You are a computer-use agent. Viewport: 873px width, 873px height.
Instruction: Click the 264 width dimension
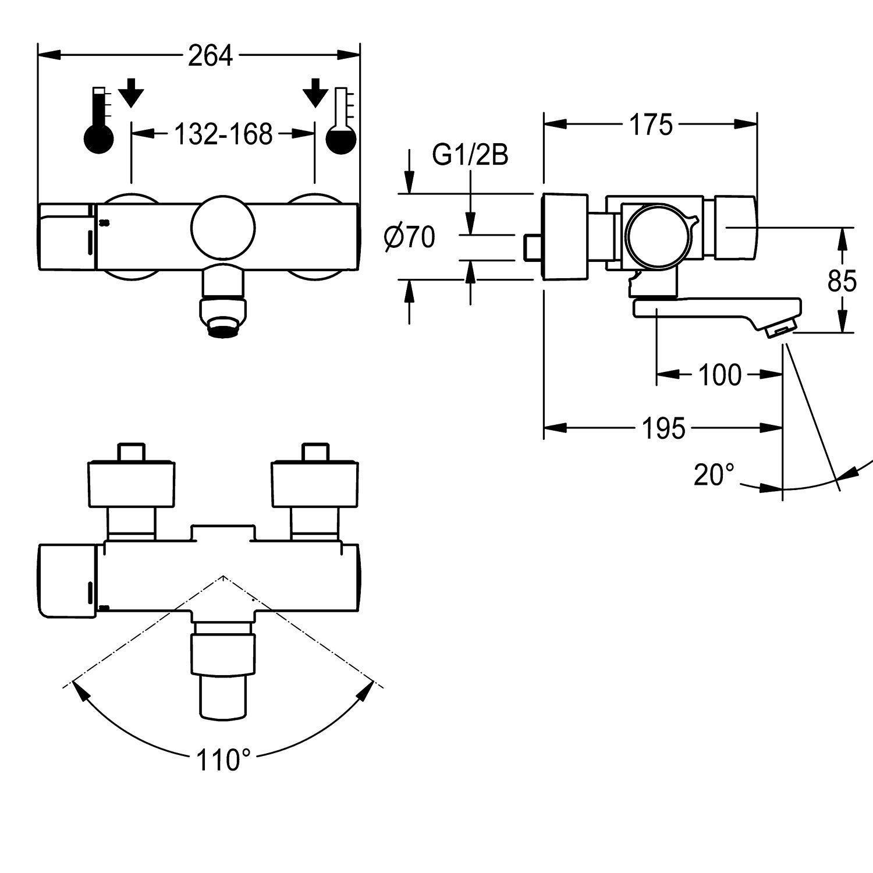211,56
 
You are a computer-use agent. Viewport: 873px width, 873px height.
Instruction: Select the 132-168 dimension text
223,134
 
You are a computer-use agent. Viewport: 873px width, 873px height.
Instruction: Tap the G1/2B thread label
470,155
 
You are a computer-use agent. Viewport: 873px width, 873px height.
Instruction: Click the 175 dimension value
650,125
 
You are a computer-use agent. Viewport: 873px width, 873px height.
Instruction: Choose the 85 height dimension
842,282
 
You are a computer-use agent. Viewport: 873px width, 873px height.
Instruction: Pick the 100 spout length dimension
720,375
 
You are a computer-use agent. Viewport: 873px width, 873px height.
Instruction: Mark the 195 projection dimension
664,429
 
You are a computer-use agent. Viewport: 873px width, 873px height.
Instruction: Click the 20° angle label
714,475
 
